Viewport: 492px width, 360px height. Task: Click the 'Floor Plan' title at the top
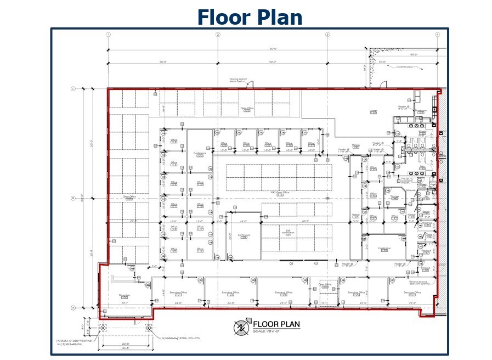(250, 17)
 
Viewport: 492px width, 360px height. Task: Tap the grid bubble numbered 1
(108, 35)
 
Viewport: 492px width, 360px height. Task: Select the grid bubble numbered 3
(327, 35)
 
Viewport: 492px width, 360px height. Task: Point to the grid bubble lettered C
(73, 88)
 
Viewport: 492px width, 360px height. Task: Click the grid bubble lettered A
(73, 308)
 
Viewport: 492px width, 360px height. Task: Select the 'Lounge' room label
(373, 110)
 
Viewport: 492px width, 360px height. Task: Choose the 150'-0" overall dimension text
(273, 49)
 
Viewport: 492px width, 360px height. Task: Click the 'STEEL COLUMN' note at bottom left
(181, 339)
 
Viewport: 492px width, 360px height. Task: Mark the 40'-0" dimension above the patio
(414, 54)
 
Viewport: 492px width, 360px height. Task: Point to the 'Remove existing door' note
(418, 283)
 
